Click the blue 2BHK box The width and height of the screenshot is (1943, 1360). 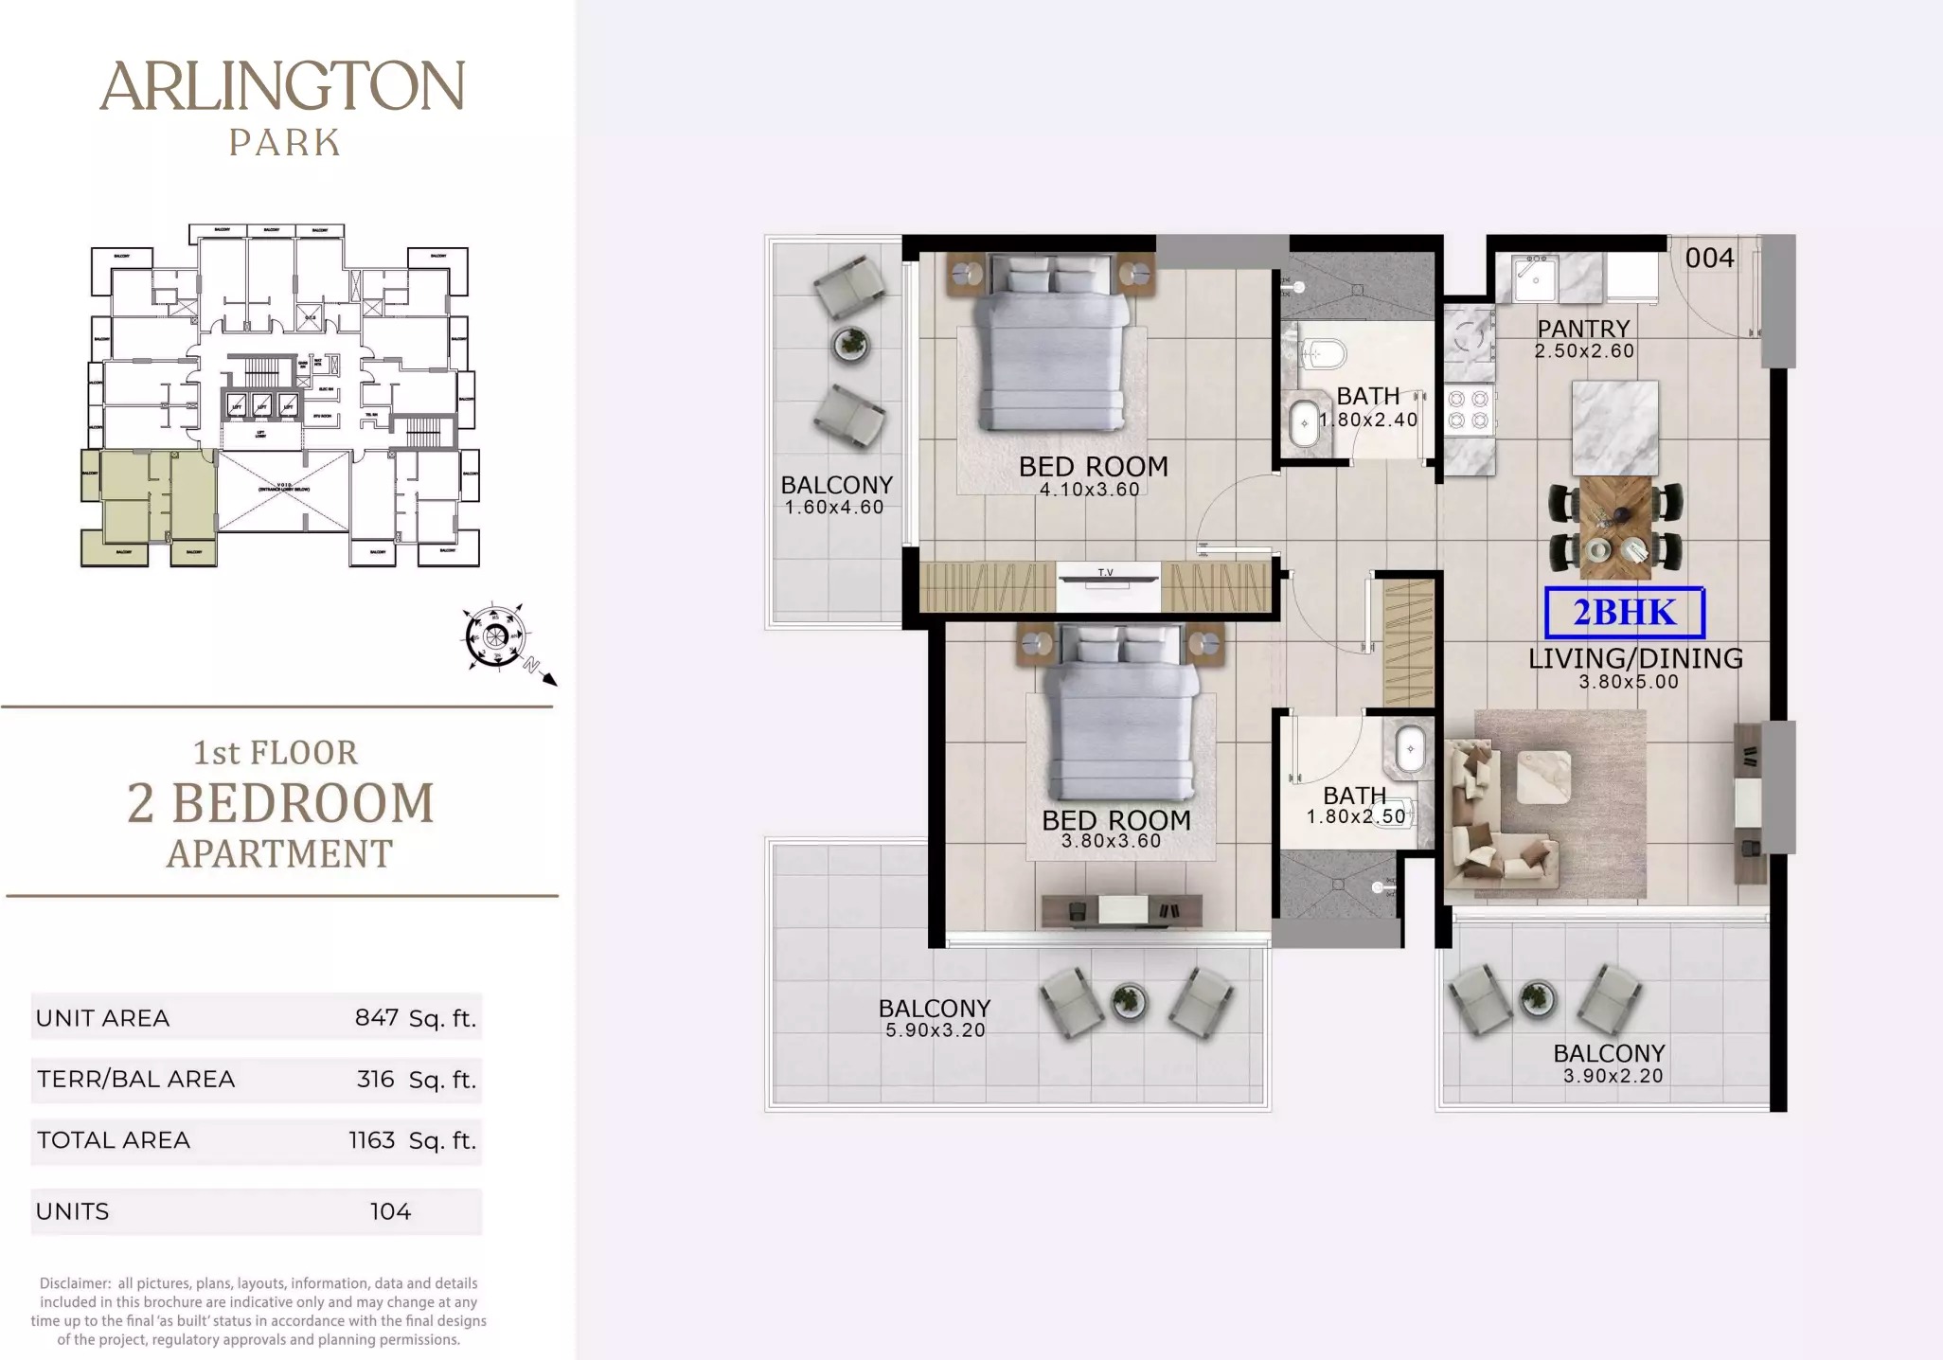(1624, 613)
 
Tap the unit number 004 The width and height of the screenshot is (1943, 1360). (1709, 258)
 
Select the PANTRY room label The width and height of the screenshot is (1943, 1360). (1583, 329)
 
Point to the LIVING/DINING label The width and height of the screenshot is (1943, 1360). (1635, 658)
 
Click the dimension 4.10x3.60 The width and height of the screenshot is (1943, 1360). (1089, 490)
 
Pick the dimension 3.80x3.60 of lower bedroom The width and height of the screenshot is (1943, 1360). (1111, 841)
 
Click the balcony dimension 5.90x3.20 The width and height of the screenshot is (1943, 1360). (936, 1030)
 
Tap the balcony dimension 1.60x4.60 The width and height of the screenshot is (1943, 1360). (834, 508)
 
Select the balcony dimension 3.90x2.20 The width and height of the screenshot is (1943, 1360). (1613, 1076)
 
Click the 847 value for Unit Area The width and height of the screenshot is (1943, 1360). (376, 1017)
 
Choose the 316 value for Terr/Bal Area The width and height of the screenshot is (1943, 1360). (375, 1079)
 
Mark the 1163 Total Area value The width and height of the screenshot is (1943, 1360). (371, 1139)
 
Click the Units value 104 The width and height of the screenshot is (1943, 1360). (390, 1211)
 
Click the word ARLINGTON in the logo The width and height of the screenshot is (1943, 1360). (282, 87)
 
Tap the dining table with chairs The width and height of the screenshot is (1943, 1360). (1615, 528)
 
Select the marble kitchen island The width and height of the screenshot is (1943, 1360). (1614, 428)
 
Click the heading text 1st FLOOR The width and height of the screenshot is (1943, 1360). (276, 753)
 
